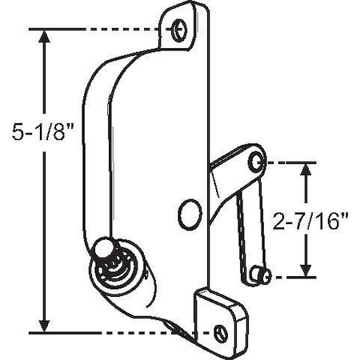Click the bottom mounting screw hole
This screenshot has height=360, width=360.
tap(222, 331)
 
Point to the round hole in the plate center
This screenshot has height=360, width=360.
tap(188, 215)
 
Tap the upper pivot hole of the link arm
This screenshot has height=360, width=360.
tap(255, 163)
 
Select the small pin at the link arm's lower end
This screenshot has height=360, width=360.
tap(261, 275)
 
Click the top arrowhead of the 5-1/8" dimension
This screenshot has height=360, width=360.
tap(46, 36)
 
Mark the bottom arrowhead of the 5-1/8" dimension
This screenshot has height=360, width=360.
tap(46, 324)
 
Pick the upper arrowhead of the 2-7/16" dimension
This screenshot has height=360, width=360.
tap(306, 169)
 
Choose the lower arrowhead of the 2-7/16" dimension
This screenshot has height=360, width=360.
tap(306, 270)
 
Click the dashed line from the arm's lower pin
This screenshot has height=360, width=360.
tap(292, 277)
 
